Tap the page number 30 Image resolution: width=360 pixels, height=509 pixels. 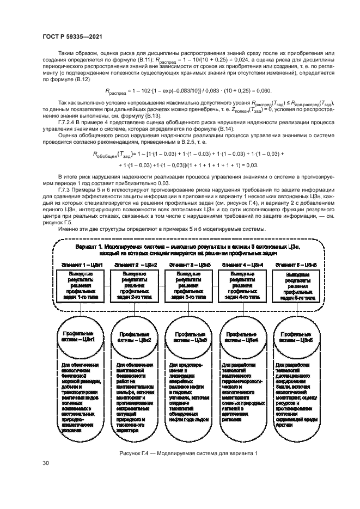46,464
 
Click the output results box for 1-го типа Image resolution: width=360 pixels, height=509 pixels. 77,286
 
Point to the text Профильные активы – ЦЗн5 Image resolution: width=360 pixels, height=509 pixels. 295,336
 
